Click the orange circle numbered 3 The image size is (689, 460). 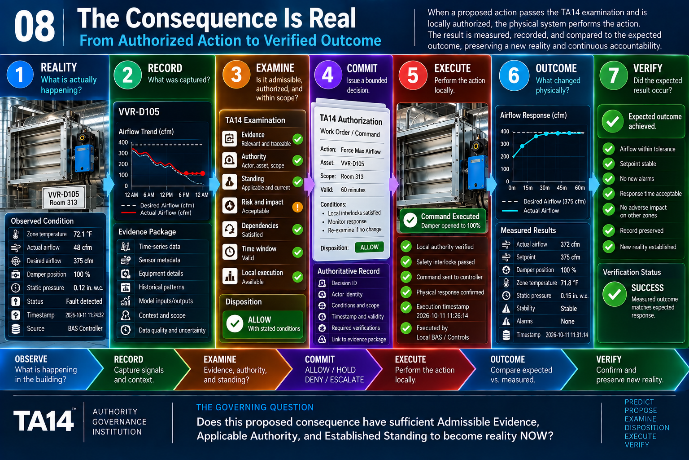click(x=236, y=75)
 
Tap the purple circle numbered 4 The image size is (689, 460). click(x=328, y=75)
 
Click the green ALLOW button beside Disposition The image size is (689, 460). click(x=369, y=247)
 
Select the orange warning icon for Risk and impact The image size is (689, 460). click(x=297, y=207)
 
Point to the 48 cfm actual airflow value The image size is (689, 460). click(x=83, y=248)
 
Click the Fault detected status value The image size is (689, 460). click(x=84, y=301)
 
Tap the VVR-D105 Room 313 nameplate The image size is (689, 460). click(x=64, y=198)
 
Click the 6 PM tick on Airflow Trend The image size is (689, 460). click(x=184, y=195)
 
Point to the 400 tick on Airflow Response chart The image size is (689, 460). click(x=505, y=131)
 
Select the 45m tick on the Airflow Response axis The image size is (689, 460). click(x=561, y=188)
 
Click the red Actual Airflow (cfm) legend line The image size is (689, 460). click(x=129, y=212)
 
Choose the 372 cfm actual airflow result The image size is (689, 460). click(x=570, y=244)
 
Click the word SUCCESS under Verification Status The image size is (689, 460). click(x=647, y=288)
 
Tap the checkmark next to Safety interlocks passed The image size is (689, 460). click(x=406, y=261)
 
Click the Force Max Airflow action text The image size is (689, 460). click(x=361, y=150)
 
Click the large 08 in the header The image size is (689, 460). click(x=35, y=27)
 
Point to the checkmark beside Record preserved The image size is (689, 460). click(x=608, y=230)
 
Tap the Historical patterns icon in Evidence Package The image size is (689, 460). click(x=126, y=287)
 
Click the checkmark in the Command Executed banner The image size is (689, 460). click(x=410, y=220)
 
